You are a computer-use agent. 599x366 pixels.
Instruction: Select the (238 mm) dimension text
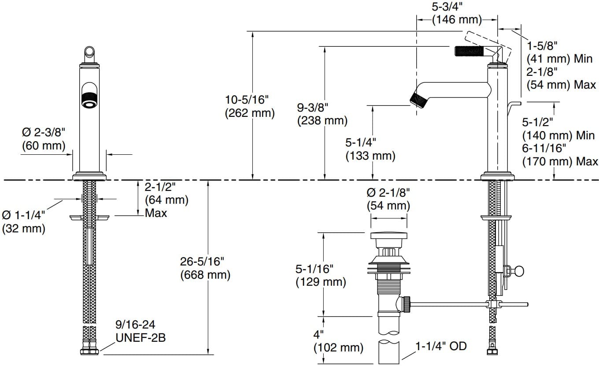[x=322, y=120]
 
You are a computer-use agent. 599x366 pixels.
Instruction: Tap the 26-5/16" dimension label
[x=205, y=261]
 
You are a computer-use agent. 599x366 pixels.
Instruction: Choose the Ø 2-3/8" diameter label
[x=43, y=132]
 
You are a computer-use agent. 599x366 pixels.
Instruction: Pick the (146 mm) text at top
[x=457, y=19]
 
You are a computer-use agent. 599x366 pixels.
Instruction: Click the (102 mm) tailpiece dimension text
[x=338, y=347]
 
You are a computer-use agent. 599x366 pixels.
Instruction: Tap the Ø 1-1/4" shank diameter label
[x=24, y=215]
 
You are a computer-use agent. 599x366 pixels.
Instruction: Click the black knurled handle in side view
[x=470, y=51]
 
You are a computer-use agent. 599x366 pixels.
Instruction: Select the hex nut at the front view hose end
[x=90, y=351]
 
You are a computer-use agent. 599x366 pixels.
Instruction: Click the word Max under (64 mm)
[x=156, y=213]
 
